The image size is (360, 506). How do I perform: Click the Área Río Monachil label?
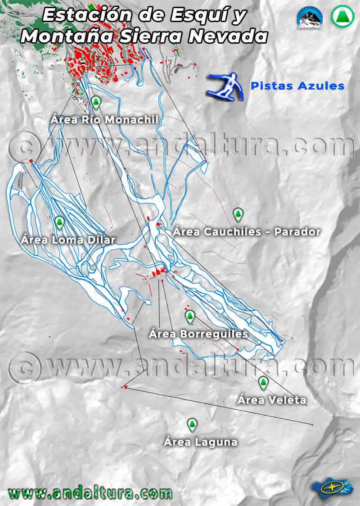(x=104, y=120)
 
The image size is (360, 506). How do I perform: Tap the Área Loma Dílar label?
(x=68, y=239)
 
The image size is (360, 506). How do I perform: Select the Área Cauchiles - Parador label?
(x=247, y=232)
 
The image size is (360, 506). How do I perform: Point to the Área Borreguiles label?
(x=198, y=334)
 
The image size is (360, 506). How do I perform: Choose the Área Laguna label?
(x=200, y=442)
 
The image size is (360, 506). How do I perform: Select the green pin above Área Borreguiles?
(x=190, y=317)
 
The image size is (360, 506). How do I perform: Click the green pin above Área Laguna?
(x=192, y=425)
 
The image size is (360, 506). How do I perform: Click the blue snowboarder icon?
(x=226, y=86)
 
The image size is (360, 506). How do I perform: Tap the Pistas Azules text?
(x=297, y=86)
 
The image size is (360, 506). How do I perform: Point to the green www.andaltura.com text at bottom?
(x=90, y=492)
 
